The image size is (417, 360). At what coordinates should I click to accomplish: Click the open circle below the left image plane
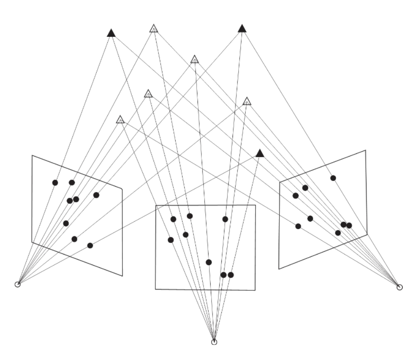coord(18,284)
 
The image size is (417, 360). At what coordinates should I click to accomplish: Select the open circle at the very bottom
coord(214,342)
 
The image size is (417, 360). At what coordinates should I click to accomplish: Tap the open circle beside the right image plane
coord(399,287)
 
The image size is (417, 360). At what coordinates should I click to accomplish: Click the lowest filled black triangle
coord(260,153)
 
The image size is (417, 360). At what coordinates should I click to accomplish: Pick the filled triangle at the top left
coord(111,33)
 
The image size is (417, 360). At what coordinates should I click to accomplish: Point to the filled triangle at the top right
coord(242,29)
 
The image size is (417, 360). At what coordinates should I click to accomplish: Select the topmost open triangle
coord(153,29)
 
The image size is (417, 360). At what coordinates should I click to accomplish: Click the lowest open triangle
coord(120,119)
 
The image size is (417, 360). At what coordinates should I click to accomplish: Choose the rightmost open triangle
coord(247,102)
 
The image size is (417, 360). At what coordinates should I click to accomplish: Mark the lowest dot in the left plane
coord(90,245)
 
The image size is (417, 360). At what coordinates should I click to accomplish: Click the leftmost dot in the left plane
coord(55,182)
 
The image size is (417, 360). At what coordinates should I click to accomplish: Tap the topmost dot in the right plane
coord(333,178)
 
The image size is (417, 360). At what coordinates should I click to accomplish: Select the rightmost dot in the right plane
coord(349,225)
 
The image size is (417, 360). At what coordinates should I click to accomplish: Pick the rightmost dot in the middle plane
coord(231,275)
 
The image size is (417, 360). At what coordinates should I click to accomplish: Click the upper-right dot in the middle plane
coord(225,219)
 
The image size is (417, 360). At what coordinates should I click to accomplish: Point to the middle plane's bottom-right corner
coord(255,290)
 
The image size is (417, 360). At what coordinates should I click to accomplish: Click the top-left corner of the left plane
coord(32,155)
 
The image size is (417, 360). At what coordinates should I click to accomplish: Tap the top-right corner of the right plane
coord(366,150)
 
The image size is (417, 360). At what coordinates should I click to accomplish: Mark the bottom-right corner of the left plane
coord(122,276)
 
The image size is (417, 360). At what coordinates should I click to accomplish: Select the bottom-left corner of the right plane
coord(279,269)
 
